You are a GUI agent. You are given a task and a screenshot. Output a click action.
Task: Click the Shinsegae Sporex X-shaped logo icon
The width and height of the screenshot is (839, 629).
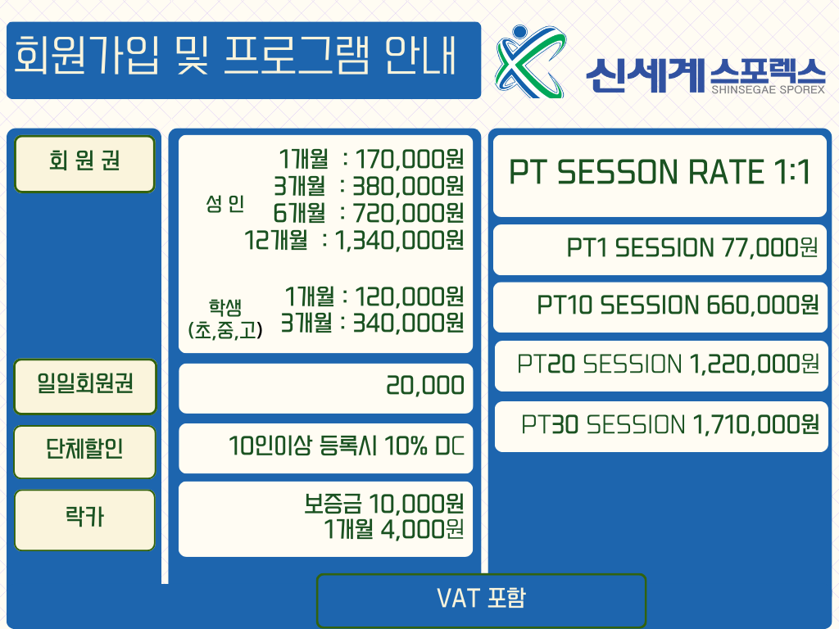[530, 62]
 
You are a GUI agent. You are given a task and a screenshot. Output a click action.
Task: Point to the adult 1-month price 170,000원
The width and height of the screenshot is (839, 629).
[410, 159]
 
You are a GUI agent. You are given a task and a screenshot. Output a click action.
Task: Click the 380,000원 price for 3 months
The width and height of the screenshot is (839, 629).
[408, 186]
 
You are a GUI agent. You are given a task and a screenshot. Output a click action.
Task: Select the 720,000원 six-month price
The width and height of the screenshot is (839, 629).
[408, 213]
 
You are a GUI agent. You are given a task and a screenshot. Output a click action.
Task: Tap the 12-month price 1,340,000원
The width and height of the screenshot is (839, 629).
[399, 240]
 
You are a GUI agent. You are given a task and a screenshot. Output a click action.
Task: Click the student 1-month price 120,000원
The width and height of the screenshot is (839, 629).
[410, 296]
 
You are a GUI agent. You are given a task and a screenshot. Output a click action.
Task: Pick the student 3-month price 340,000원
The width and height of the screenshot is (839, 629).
[408, 323]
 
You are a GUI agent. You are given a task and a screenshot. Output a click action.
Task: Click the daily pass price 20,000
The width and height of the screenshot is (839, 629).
[425, 385]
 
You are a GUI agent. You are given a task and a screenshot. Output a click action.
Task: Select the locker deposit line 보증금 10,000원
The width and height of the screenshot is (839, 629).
[383, 504]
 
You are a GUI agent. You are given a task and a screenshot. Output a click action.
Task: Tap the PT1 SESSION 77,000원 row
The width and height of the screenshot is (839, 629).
[692, 247]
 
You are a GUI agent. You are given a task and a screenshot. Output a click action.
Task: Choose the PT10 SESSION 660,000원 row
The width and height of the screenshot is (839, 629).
[678, 305]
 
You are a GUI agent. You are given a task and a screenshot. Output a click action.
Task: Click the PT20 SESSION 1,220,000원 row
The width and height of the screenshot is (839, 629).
[668, 364]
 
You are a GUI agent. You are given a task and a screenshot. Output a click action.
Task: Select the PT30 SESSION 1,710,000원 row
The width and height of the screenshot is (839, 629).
[670, 425]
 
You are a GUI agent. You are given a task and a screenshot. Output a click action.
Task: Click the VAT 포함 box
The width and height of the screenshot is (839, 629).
[481, 600]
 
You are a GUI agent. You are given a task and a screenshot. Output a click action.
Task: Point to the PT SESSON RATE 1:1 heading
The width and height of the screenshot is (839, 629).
[660, 172]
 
